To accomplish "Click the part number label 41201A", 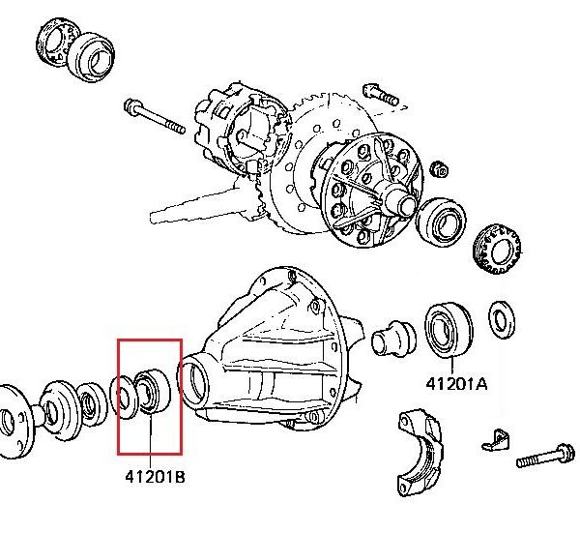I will click(x=456, y=383).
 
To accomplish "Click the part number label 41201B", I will click(x=152, y=476).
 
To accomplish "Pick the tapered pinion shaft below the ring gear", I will click(x=193, y=205).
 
